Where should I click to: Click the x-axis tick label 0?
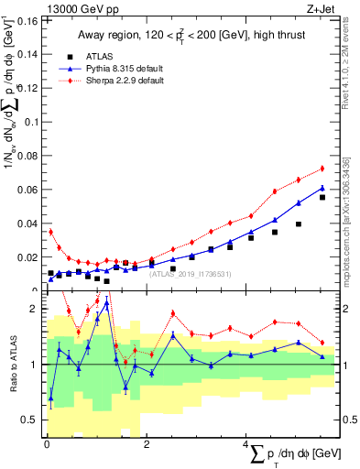[47, 445]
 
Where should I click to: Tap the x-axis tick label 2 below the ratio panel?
[147, 445]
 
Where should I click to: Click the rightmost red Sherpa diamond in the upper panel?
[322, 169]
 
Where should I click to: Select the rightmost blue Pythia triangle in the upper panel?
[322, 188]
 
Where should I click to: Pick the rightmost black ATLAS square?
[322, 197]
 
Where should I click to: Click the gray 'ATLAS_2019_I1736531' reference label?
[191, 273]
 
